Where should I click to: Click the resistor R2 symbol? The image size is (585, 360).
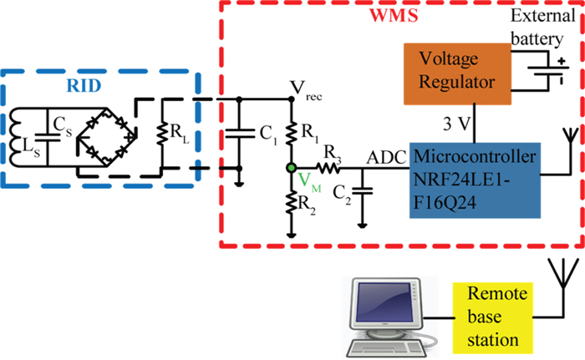click(x=290, y=204)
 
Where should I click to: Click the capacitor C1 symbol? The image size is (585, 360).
click(x=241, y=132)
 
